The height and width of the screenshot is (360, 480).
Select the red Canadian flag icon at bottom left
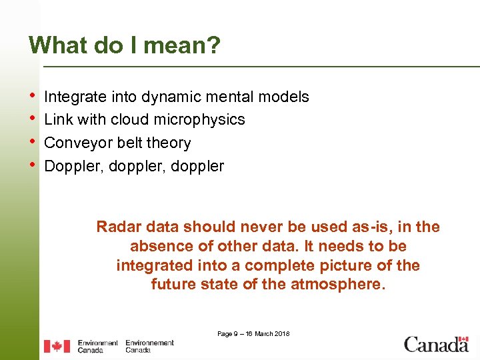(57, 346)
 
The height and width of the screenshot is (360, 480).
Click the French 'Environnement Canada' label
(149, 346)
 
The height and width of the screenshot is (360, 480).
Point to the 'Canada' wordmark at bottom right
(436, 345)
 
